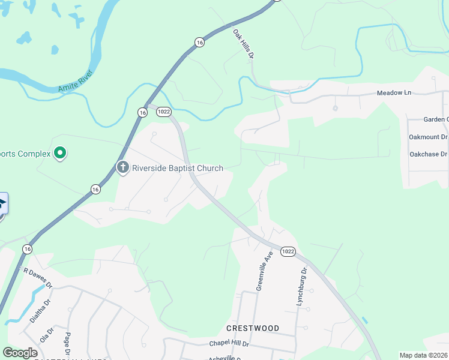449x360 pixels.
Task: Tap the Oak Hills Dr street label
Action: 244,43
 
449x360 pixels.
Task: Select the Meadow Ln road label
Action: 394,93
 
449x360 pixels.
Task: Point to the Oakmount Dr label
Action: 428,137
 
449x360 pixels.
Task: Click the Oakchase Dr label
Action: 429,154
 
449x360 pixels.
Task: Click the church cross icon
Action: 123,167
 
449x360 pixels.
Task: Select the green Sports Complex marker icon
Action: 59,154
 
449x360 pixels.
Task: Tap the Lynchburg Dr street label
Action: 302,287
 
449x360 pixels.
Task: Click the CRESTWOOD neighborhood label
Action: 253,328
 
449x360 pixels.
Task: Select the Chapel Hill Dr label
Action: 229,344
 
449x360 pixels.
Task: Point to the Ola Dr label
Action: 46,334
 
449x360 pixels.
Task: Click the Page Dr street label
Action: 67,343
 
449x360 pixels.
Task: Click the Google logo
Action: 20,353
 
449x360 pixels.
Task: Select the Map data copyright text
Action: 423,355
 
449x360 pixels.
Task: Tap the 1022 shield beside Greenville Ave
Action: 288,251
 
